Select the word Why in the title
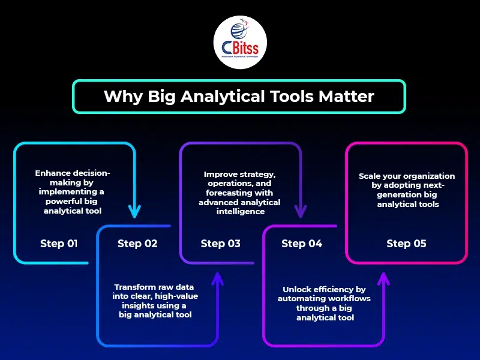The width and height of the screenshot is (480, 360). (x=122, y=97)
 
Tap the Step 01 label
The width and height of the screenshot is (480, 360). (x=59, y=244)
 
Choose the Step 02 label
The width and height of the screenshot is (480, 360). (x=137, y=244)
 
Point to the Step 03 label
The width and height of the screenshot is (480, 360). (x=220, y=244)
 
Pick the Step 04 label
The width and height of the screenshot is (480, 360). (x=302, y=244)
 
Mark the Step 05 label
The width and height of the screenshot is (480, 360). (x=406, y=244)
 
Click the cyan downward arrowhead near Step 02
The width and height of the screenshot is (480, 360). (x=134, y=212)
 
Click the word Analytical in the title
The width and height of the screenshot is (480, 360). (x=222, y=97)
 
